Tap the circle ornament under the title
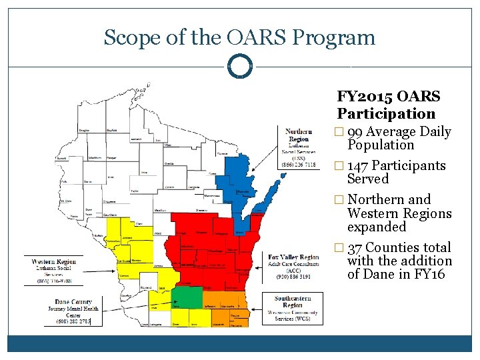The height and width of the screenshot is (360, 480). [x=240, y=67]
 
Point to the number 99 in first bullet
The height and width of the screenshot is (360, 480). [x=355, y=132]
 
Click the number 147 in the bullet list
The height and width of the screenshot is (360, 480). [x=359, y=165]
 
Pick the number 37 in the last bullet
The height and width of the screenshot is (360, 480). [x=355, y=247]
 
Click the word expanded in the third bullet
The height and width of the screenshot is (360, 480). [x=377, y=227]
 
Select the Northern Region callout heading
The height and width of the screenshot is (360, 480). [x=299, y=135]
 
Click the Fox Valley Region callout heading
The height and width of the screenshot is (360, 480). [x=293, y=257]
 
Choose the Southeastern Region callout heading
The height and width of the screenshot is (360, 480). [x=293, y=301]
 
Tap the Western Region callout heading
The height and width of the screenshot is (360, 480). [x=53, y=261]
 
